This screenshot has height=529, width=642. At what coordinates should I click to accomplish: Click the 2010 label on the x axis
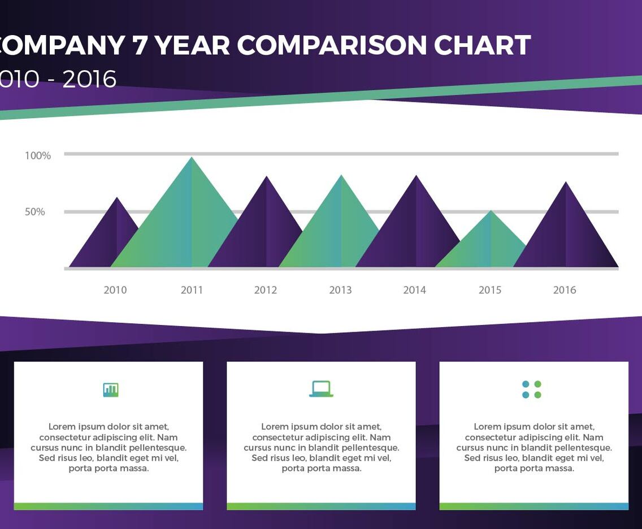click(115, 290)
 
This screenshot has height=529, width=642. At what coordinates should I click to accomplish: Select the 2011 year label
click(192, 290)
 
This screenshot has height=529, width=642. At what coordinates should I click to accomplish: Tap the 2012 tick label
click(266, 290)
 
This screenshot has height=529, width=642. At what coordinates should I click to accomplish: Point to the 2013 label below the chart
click(340, 290)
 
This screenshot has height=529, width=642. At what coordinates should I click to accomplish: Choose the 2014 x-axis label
click(414, 290)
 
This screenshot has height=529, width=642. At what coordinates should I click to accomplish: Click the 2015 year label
click(490, 290)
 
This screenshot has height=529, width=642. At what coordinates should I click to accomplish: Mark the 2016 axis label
click(565, 290)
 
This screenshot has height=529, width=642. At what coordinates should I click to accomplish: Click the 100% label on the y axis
click(38, 155)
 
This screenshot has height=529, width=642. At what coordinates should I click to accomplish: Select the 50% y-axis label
click(34, 212)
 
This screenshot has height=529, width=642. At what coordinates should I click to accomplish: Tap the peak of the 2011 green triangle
click(192, 158)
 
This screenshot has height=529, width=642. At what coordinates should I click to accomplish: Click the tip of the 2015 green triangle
click(491, 212)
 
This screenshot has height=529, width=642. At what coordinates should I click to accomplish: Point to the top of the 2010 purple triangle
click(117, 198)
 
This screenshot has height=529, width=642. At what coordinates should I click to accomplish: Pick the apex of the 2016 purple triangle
click(566, 183)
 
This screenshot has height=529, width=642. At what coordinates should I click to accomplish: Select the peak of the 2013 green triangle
click(341, 176)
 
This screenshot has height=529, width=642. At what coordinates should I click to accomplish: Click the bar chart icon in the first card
click(111, 389)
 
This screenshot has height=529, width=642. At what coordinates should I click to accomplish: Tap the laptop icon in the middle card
click(321, 389)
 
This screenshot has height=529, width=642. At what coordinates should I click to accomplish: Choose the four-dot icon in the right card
click(532, 389)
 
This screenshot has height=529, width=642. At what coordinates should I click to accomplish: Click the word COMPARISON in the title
click(332, 45)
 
